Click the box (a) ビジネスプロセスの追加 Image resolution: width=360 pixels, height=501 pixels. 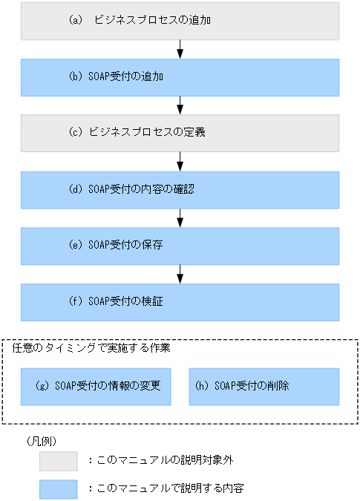pyautogui.click(x=180, y=21)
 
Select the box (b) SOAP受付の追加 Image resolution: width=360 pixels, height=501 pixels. pyautogui.click(x=180, y=77)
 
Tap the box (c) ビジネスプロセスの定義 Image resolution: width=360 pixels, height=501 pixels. pyautogui.click(x=180, y=133)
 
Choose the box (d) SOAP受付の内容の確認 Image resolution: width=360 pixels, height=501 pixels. pyautogui.click(x=180, y=189)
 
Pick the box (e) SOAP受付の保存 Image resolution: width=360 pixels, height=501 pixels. pyautogui.click(x=180, y=246)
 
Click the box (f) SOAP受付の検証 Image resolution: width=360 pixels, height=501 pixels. pyautogui.click(x=180, y=301)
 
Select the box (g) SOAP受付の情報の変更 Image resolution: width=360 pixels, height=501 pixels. pyautogui.click(x=96, y=387)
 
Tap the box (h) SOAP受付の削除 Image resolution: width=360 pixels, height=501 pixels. pyautogui.click(x=264, y=387)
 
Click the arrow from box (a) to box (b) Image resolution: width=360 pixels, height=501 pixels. pyautogui.click(x=180, y=49)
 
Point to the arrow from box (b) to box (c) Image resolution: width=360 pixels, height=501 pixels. pyautogui.click(x=180, y=105)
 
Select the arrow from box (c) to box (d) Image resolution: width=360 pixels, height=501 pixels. pyautogui.click(x=180, y=161)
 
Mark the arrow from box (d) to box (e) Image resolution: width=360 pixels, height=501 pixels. pyautogui.click(x=180, y=217)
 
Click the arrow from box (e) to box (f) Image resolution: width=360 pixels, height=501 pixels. pyautogui.click(x=180, y=273)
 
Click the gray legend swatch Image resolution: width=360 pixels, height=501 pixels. pyautogui.click(x=59, y=462)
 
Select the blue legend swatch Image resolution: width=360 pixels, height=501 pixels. pyautogui.click(x=59, y=489)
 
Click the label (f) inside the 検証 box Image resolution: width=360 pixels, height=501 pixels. pyautogui.click(x=75, y=301)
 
